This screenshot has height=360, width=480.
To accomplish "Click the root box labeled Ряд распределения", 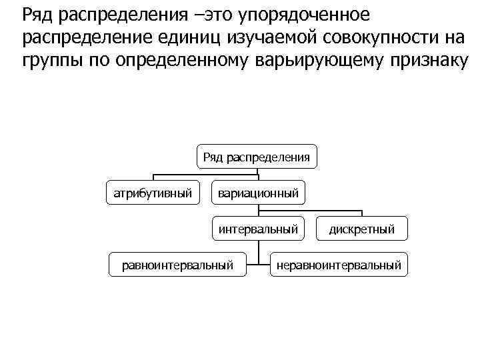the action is click(257, 158).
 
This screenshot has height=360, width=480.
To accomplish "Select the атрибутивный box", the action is click(153, 194).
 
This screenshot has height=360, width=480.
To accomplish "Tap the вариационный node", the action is click(258, 194).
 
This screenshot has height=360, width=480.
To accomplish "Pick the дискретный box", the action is click(361, 229).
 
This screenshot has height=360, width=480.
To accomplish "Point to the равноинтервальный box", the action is click(178, 265).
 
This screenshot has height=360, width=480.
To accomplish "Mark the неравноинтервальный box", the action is click(339, 265).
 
